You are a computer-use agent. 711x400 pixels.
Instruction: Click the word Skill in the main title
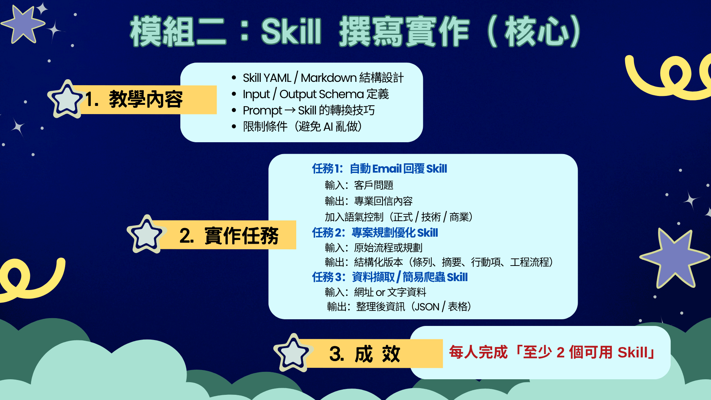291,31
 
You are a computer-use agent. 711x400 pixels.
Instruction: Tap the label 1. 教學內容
134,99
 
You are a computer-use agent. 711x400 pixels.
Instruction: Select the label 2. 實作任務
228,236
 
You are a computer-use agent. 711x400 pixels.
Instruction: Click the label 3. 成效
365,354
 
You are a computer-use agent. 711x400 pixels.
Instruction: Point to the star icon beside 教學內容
66,99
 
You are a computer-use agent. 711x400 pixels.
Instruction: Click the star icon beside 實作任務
146,234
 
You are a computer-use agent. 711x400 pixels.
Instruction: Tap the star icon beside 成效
293,353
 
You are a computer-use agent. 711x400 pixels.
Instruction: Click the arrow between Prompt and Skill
290,110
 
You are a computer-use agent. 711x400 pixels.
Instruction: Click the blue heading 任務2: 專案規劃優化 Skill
375,233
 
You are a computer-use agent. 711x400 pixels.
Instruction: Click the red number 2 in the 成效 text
560,352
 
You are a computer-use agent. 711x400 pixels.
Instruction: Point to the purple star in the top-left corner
23,24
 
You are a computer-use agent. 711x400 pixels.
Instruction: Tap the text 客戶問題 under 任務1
373,185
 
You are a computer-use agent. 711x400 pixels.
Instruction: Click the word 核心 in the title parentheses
537,31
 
